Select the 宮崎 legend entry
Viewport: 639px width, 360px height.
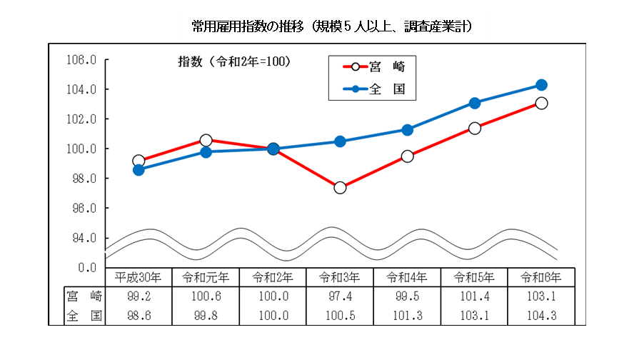(x=379, y=67)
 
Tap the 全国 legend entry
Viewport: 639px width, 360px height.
(x=379, y=90)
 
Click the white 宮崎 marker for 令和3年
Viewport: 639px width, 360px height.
(x=340, y=188)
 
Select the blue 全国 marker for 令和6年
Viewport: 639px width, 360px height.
(x=541, y=85)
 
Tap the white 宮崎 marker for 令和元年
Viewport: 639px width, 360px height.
(x=206, y=140)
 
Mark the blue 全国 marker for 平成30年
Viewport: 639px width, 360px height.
(x=139, y=170)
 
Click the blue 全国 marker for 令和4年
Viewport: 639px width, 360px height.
(x=407, y=130)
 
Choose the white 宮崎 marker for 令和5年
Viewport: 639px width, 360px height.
(x=474, y=129)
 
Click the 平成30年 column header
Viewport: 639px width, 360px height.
(x=139, y=277)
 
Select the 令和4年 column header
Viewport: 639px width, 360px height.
(x=407, y=277)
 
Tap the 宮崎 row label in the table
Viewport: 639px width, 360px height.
(x=84, y=296)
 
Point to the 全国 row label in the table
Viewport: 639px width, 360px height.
(x=84, y=315)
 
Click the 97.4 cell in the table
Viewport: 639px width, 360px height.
(x=340, y=296)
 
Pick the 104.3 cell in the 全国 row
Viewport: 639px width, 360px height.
(x=541, y=315)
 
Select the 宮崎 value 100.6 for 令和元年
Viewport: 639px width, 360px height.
(x=206, y=296)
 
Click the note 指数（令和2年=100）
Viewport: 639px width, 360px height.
(x=233, y=62)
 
